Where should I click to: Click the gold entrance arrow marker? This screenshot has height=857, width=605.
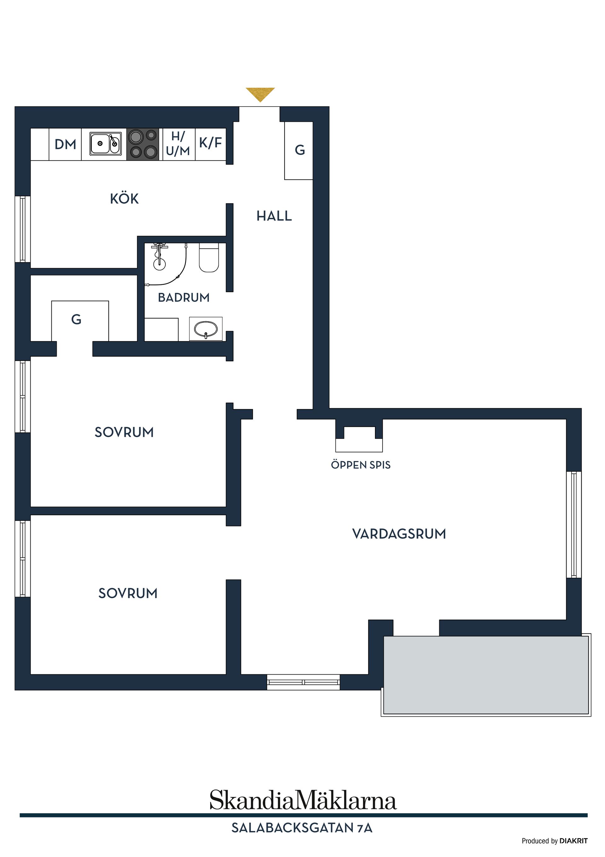[x=260, y=94]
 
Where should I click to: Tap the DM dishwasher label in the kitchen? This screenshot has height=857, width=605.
[x=65, y=145]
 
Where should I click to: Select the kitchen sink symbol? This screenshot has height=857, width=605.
[x=106, y=144]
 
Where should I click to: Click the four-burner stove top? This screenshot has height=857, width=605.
[x=143, y=144]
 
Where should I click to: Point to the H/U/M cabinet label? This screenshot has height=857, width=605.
[x=178, y=144]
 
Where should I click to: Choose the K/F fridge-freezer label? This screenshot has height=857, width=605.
[x=210, y=143]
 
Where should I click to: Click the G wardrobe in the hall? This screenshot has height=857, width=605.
[x=299, y=150]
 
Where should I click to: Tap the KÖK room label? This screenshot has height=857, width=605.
[x=124, y=198]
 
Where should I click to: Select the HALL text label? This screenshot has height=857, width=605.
[x=274, y=216]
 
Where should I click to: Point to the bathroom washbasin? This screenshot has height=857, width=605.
[x=206, y=329]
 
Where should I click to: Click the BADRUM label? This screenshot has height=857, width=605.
[x=183, y=298]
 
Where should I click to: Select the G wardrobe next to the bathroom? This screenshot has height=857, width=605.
[x=77, y=320]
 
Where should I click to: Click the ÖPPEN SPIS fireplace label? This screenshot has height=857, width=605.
[x=360, y=465]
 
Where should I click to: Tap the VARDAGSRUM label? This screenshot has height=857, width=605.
[x=399, y=534]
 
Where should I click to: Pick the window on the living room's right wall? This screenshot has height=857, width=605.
[x=574, y=524]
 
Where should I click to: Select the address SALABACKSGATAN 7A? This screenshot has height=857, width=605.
[x=302, y=828]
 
